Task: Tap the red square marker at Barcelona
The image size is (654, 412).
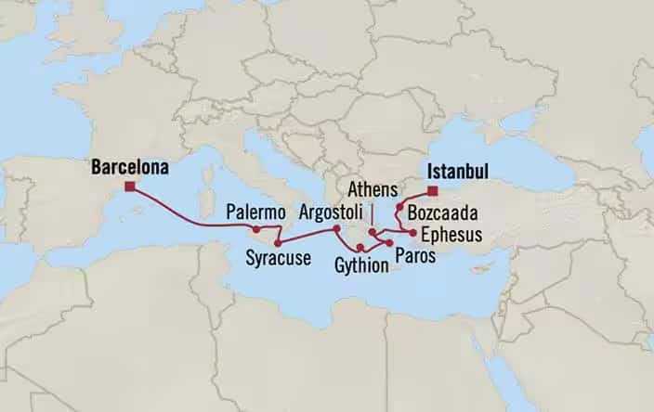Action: [x=129, y=187]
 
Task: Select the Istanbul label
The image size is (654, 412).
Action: [x=457, y=172]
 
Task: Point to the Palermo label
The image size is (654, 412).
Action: [x=255, y=213]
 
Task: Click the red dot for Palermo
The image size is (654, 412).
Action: [x=255, y=228]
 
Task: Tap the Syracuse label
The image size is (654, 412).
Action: [x=278, y=258]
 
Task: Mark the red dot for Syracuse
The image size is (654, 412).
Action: [x=277, y=243]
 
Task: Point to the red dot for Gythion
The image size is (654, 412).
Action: [x=360, y=248]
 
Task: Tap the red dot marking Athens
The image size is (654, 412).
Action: [x=372, y=232]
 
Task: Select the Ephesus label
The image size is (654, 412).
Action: [x=451, y=235]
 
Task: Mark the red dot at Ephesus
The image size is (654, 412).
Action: [x=412, y=232]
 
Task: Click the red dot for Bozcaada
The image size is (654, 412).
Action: [x=399, y=207]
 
